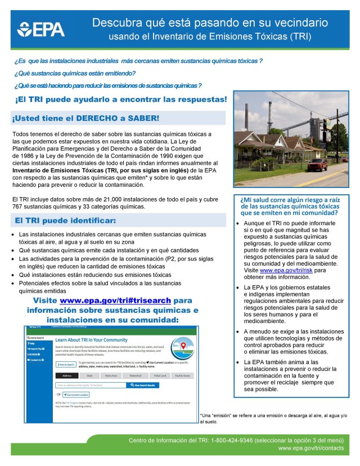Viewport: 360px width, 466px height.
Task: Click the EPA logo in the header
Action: click(x=42, y=29)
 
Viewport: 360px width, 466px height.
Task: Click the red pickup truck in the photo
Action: click(x=318, y=164)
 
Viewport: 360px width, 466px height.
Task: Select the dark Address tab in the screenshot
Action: click(x=66, y=375)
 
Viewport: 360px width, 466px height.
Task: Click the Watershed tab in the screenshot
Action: click(x=135, y=375)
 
